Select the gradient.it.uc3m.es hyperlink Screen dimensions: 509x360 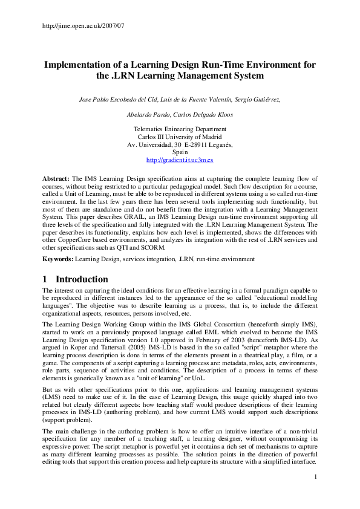[x=180, y=161]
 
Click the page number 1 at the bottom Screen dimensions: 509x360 [x=316, y=494]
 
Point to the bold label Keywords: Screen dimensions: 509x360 [x=58, y=259]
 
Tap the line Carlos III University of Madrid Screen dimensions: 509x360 [x=180, y=137]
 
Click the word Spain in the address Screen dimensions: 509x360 [x=180, y=153]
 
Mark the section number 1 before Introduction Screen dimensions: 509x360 [x=46, y=279]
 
